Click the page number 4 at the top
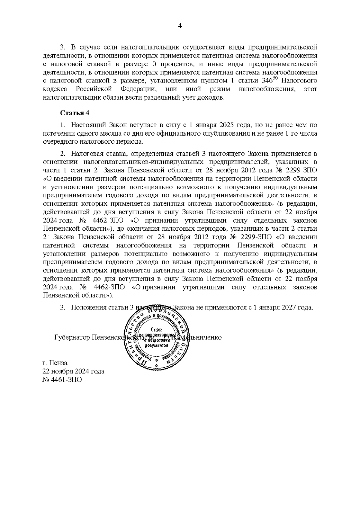pos(180,26)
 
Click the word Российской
pos(94,89)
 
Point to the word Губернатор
pos(72,337)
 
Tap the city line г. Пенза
pos(55,363)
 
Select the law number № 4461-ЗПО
pos(62,380)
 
